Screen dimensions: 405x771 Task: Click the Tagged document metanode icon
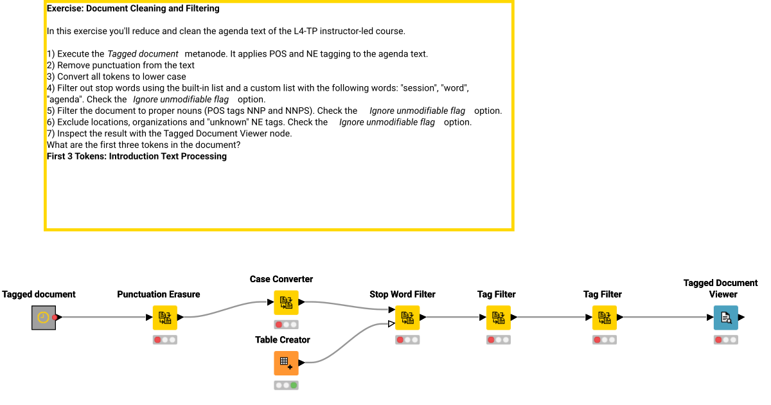(x=43, y=317)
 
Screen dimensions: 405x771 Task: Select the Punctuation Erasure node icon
(x=164, y=317)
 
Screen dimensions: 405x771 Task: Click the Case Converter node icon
(x=286, y=302)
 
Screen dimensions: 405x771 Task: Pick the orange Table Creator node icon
(x=286, y=363)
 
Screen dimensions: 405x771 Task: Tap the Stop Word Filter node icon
(x=407, y=317)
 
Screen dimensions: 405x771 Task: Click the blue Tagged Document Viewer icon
(x=725, y=317)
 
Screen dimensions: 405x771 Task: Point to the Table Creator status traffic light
(x=286, y=385)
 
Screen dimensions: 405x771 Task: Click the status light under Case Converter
(x=286, y=325)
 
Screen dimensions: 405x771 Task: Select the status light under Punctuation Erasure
(x=164, y=339)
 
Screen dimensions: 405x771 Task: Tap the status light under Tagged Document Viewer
(x=725, y=339)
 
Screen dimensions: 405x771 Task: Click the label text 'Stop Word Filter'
(x=402, y=294)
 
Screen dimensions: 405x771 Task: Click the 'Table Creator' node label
(x=283, y=339)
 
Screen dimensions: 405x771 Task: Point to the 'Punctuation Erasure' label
(x=158, y=294)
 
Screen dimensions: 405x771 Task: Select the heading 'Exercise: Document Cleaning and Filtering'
(x=133, y=9)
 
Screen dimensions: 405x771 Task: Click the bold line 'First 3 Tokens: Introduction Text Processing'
(x=137, y=156)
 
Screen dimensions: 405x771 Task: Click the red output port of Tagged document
(x=55, y=317)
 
